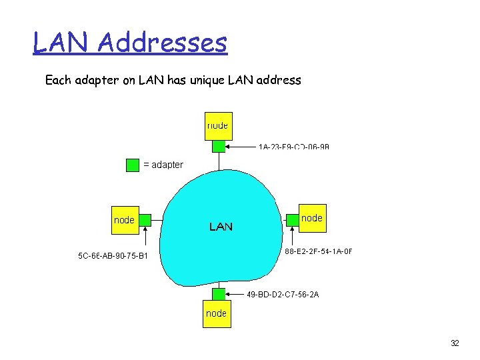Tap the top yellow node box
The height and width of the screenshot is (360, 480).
[218, 125]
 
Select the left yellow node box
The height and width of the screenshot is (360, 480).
[125, 220]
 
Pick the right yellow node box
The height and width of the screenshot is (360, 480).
[312, 218]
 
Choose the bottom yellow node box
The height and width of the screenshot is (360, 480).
[216, 313]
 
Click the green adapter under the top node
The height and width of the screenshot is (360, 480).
[219, 147]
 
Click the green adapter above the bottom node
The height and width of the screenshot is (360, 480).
[219, 294]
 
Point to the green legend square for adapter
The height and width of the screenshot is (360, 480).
[133, 165]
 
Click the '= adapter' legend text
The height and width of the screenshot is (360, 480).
[163, 165]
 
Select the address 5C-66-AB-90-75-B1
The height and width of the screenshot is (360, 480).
[113, 255]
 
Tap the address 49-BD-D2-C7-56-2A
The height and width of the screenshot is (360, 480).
[283, 294]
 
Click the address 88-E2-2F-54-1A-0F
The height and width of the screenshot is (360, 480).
[318, 251]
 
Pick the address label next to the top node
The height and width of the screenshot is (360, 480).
[294, 147]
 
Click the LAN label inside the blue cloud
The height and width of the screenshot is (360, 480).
[221, 227]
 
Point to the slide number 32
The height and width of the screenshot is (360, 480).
[455, 343]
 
